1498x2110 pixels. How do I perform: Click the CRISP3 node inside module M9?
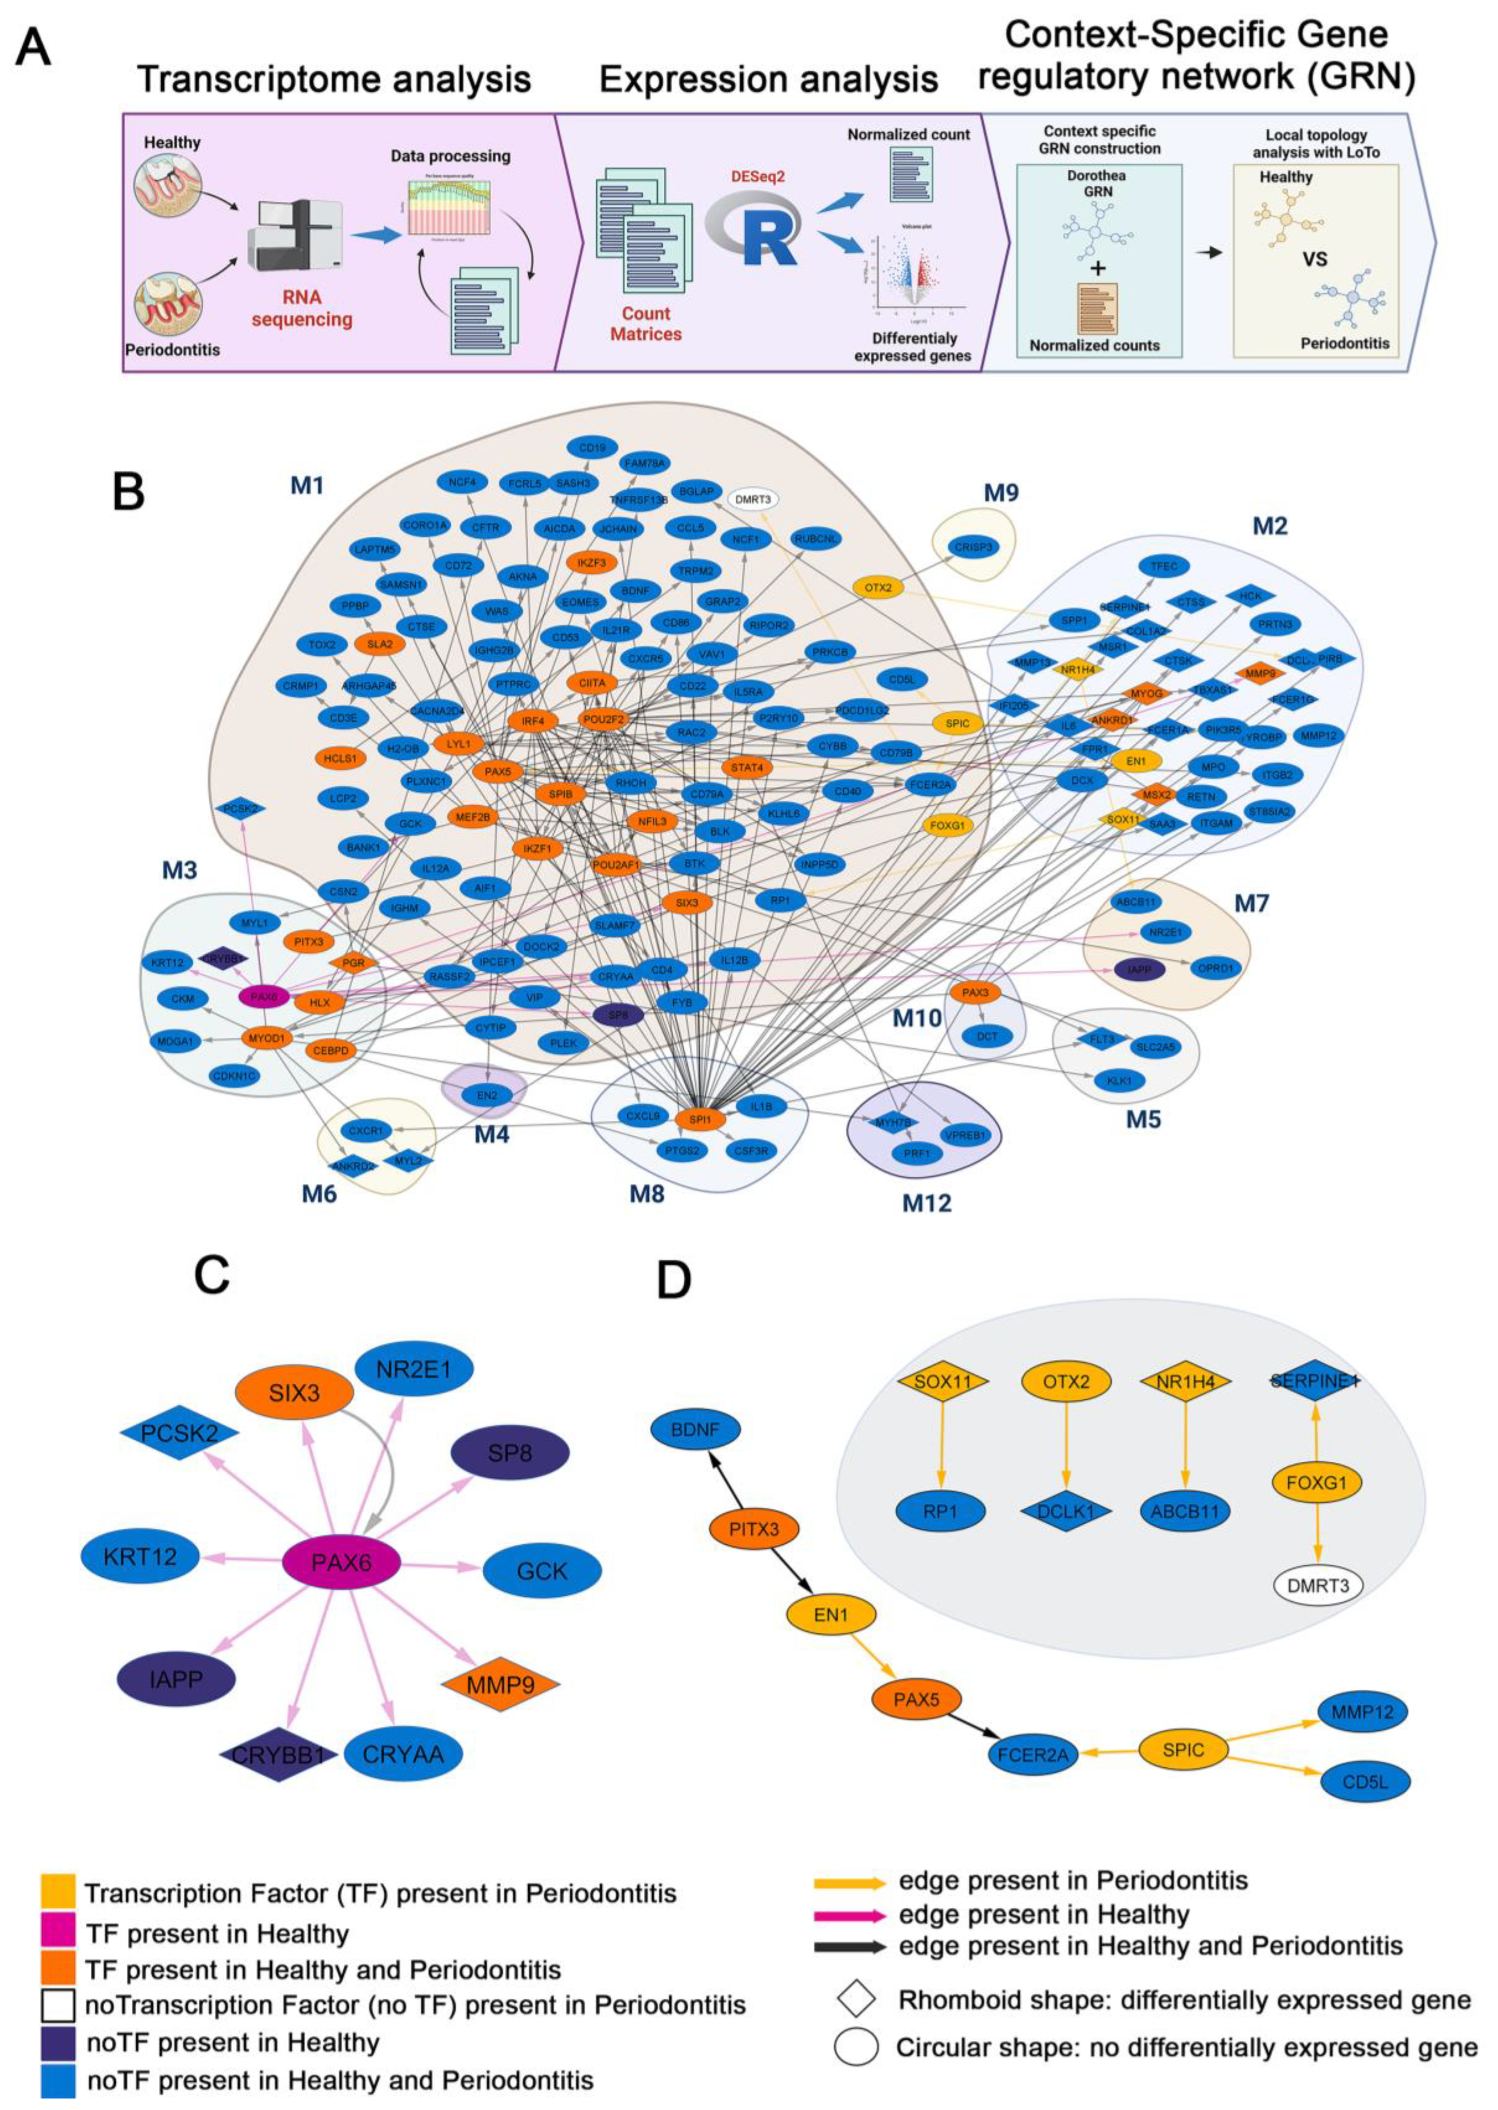click(x=973, y=547)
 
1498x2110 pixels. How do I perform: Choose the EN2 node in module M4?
click(x=486, y=1096)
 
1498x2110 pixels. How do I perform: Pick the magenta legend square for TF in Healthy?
click(x=57, y=1933)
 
